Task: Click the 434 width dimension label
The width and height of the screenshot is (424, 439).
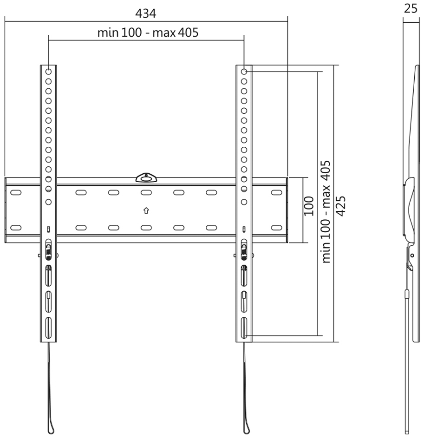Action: point(145,13)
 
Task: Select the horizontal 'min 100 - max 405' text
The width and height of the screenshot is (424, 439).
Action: point(148,33)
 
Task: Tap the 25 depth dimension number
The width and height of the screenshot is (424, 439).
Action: point(411,9)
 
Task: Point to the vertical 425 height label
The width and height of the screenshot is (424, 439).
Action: point(340,206)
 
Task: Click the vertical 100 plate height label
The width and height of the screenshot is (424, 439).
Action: point(309,206)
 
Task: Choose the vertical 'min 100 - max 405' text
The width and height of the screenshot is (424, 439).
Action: point(326,211)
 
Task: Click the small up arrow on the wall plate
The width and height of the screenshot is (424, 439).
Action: point(146,210)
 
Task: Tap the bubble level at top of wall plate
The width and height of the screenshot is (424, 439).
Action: point(146,177)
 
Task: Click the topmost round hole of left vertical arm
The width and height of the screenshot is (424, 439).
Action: point(48,72)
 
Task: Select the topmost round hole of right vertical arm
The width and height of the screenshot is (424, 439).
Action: point(244,72)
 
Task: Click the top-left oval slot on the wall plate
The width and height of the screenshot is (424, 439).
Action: point(16,193)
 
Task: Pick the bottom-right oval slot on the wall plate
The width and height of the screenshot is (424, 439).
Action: point(276,228)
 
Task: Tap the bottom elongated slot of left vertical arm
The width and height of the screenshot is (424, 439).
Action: point(48,328)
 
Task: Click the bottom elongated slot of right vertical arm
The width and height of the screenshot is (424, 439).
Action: point(244,328)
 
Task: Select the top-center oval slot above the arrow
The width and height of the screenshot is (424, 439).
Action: point(146,193)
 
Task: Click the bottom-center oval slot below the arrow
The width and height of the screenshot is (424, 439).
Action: point(146,228)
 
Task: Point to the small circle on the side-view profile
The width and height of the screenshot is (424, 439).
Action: point(412,256)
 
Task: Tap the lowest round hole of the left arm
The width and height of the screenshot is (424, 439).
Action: point(48,202)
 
